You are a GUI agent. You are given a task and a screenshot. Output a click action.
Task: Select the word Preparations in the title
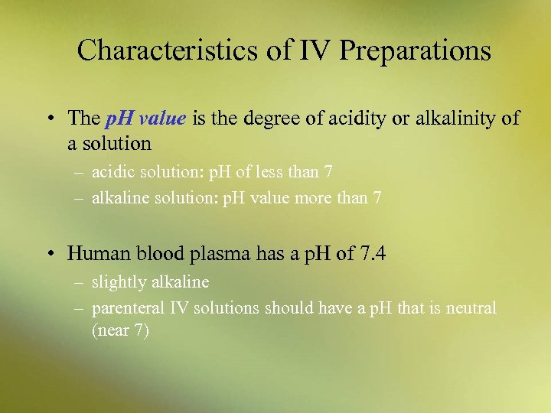pyautogui.click(x=414, y=51)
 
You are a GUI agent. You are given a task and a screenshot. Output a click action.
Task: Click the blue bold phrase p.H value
pyautogui.click(x=145, y=119)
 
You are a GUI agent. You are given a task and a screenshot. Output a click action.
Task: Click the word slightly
pyautogui.click(x=118, y=282)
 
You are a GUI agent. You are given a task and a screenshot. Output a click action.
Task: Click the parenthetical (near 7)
pyautogui.click(x=121, y=330)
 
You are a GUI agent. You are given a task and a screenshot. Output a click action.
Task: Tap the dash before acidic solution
pyautogui.click(x=80, y=171)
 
